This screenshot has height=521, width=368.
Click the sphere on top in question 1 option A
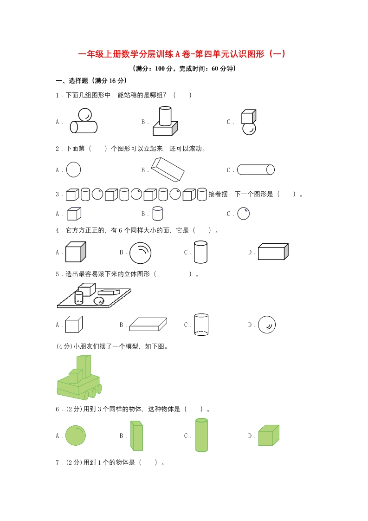pyautogui.click(x=84, y=114)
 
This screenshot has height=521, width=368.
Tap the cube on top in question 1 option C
pyautogui.click(x=248, y=117)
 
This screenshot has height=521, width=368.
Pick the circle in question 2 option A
pyautogui.click(x=73, y=169)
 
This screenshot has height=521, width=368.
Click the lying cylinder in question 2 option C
pyautogui.click(x=256, y=169)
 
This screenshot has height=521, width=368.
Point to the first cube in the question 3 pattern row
pyautogui.click(x=72, y=194)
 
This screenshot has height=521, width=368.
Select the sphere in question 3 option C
pyautogui.click(x=244, y=214)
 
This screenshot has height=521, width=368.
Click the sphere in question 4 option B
pyautogui.click(x=140, y=253)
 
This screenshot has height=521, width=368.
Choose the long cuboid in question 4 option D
pyautogui.click(x=273, y=252)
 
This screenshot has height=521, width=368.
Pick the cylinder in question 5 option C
pyautogui.click(x=201, y=325)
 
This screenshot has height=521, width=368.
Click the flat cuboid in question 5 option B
pyautogui.click(x=148, y=324)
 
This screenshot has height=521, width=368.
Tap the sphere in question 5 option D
pyautogui.click(x=267, y=325)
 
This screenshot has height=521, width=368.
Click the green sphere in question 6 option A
pyautogui.click(x=75, y=436)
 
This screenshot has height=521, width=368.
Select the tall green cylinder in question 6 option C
pyautogui.click(x=201, y=435)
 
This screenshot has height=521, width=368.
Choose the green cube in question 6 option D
pyautogui.click(x=268, y=436)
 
